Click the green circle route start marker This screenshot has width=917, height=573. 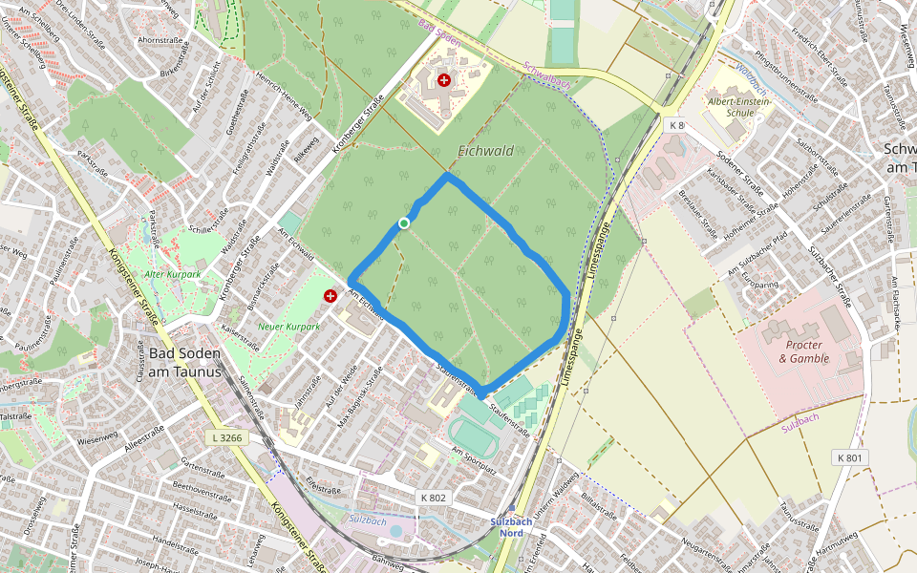click(x=404, y=223)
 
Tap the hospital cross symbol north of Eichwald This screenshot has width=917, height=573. click(x=444, y=81)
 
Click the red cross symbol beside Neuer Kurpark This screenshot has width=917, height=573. click(x=331, y=296)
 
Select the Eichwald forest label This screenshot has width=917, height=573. click(x=485, y=151)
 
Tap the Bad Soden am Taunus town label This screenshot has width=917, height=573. click(x=184, y=362)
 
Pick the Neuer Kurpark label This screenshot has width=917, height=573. click(x=288, y=327)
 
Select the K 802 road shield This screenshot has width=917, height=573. click(x=433, y=498)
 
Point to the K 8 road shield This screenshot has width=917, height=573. click(x=676, y=125)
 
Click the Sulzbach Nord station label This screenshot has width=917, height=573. click(x=511, y=527)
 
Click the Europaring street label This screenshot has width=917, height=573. click(x=759, y=284)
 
